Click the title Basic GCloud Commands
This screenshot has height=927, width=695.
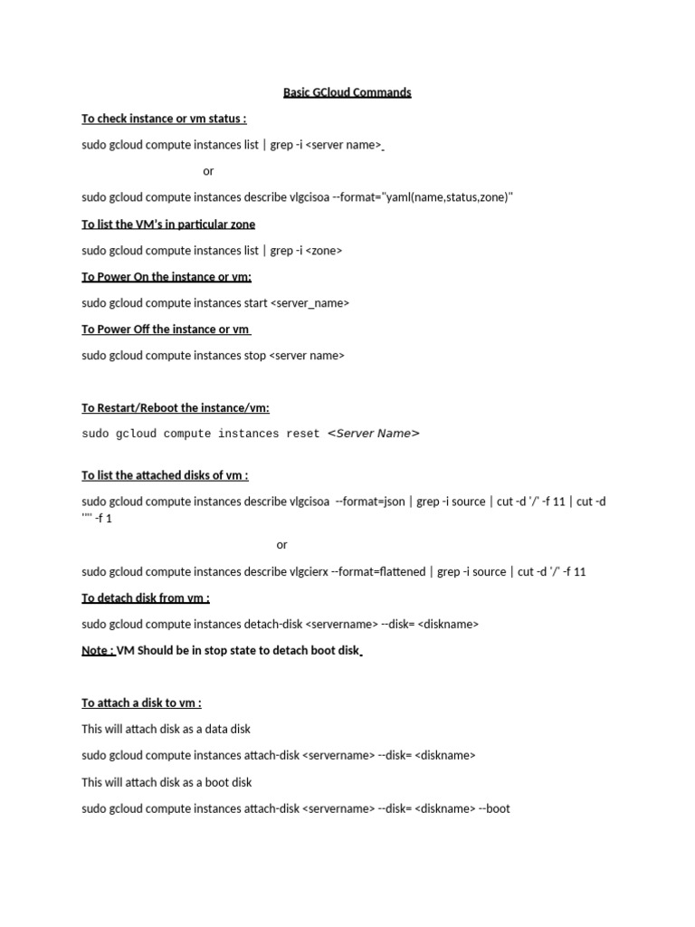click(347, 92)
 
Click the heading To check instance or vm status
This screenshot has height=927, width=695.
click(164, 119)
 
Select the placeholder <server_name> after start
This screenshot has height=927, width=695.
click(309, 303)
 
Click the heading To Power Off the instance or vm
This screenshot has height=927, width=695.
click(166, 330)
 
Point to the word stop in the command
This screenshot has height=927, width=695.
click(255, 356)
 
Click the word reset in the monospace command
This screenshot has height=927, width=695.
click(303, 434)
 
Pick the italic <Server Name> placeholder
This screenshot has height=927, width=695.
click(373, 434)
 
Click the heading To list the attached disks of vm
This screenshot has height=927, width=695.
click(165, 475)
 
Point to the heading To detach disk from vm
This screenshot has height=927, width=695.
click(146, 598)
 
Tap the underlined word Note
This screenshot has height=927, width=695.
click(98, 650)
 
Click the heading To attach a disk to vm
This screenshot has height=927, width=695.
click(141, 702)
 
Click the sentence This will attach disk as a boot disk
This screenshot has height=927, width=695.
click(167, 782)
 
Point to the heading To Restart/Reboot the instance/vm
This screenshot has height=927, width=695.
click(176, 408)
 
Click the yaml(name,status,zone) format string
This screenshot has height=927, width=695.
click(449, 197)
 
